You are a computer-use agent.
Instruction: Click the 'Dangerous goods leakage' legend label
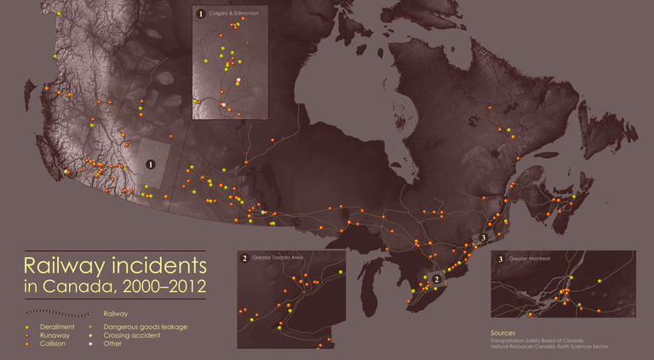coord(145,327)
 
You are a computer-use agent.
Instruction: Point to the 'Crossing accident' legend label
coord(133,335)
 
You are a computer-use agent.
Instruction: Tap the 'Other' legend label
coord(112,344)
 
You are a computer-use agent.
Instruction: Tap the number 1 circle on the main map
coord(151,163)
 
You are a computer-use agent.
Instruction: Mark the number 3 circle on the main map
coord(483,237)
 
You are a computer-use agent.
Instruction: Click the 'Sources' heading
coord(505,332)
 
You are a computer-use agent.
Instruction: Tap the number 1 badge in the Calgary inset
coord(201,14)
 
